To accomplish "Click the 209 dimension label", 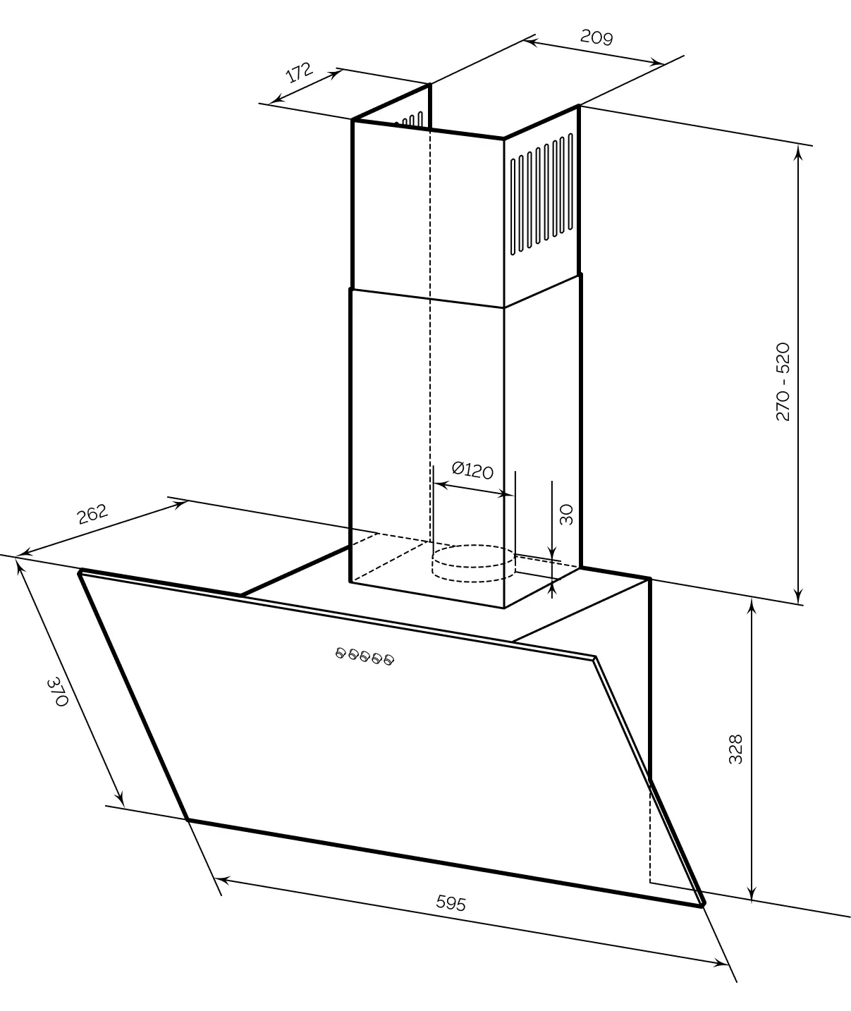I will (596, 37).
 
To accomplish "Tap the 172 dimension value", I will (299, 73).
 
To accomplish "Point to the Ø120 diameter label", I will (472, 470).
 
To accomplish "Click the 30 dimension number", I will (566, 515).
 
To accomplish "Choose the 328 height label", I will (735, 749).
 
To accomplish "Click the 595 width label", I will (451, 902).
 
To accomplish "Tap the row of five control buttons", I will (365, 657).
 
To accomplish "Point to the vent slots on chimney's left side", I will (412, 121).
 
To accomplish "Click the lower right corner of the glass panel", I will (702, 905).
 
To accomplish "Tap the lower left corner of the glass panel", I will (188, 819).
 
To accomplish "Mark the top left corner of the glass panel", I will (81, 571).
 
